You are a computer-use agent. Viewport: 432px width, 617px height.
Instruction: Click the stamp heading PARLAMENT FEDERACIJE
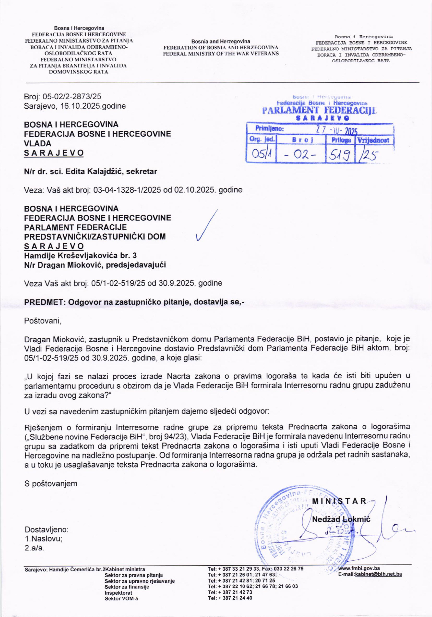319,110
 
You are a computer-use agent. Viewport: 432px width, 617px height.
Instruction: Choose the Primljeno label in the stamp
270,128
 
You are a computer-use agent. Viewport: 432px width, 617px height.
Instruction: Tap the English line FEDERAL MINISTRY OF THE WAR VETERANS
221,54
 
